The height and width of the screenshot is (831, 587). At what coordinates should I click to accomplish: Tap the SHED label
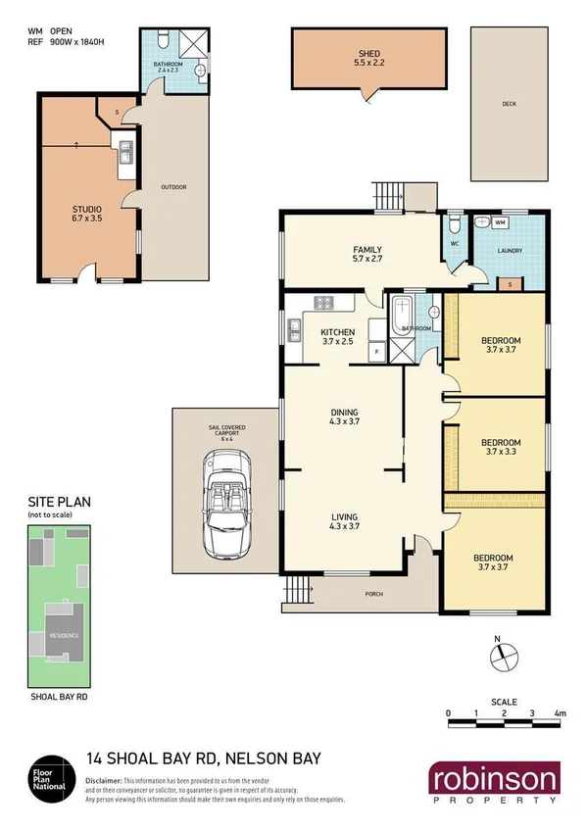click(368, 53)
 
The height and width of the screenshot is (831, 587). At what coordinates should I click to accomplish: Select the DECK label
click(509, 103)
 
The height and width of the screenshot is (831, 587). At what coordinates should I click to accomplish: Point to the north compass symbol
click(498, 656)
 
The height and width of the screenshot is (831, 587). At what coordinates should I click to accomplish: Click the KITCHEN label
click(337, 333)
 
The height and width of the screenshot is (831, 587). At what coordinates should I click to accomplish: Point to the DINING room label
click(344, 412)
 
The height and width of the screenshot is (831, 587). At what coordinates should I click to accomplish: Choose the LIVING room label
click(344, 516)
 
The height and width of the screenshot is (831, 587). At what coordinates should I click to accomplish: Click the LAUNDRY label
click(509, 251)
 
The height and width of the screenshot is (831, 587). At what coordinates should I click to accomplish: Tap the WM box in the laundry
click(500, 223)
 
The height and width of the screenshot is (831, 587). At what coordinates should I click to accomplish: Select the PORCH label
click(372, 594)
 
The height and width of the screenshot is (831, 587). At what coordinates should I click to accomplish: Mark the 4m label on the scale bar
click(560, 713)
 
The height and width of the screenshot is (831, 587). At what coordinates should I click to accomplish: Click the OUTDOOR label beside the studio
click(173, 186)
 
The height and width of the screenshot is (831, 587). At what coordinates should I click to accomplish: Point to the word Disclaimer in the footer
click(106, 779)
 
